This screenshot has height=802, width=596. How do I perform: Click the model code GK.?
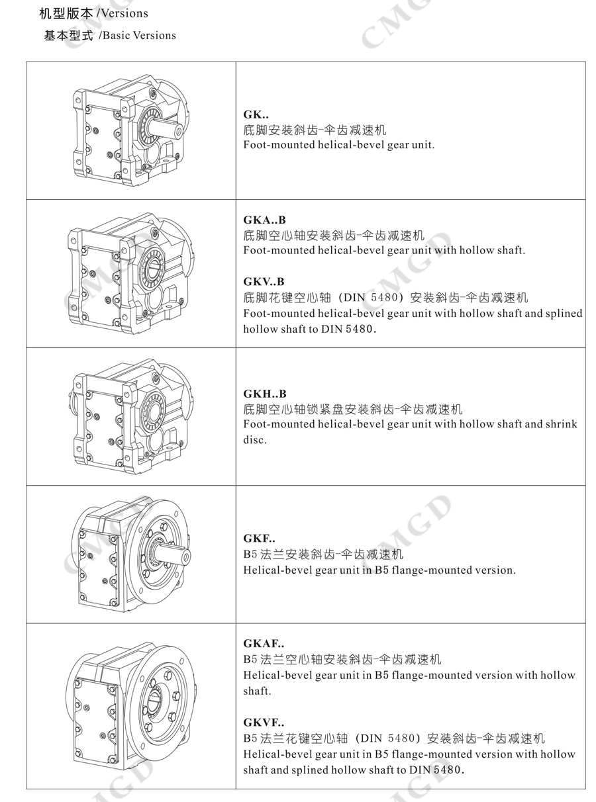[256, 114]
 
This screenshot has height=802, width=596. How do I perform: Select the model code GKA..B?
[264, 220]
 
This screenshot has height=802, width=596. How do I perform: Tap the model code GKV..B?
[264, 281]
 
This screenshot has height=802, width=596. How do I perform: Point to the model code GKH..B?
[265, 394]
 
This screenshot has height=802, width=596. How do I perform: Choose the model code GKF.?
[259, 538]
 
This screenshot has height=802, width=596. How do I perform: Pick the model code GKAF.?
[264, 643]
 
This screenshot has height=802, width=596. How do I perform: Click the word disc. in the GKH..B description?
[255, 439]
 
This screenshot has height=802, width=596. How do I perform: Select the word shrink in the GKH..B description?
[560, 423]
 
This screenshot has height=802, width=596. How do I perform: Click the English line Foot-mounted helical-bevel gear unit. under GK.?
[338, 145]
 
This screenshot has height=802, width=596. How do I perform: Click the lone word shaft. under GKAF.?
[258, 691]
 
